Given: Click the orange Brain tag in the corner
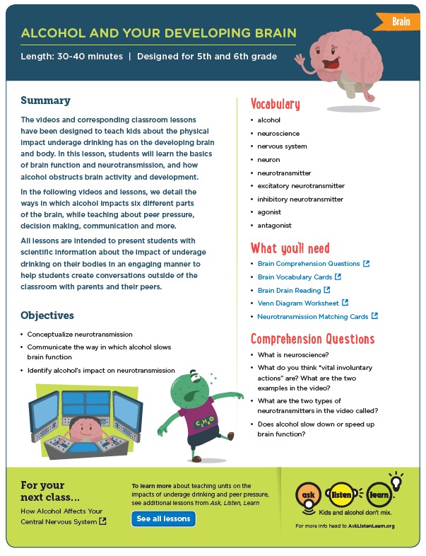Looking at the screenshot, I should coord(401,22).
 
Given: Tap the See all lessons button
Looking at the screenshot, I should coord(163,519).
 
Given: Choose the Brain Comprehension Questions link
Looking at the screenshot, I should coord(309,263).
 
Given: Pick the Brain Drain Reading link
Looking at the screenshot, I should coord(289,290).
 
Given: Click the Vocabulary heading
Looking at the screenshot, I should coord(276,104).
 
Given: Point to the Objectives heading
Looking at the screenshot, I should coord(47,315).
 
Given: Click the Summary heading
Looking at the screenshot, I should coord(45,100).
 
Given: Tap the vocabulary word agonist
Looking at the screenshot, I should coord(269,212).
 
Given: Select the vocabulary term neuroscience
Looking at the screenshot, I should coord(278,133).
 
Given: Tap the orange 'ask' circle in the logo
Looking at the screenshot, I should coord(308,494).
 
